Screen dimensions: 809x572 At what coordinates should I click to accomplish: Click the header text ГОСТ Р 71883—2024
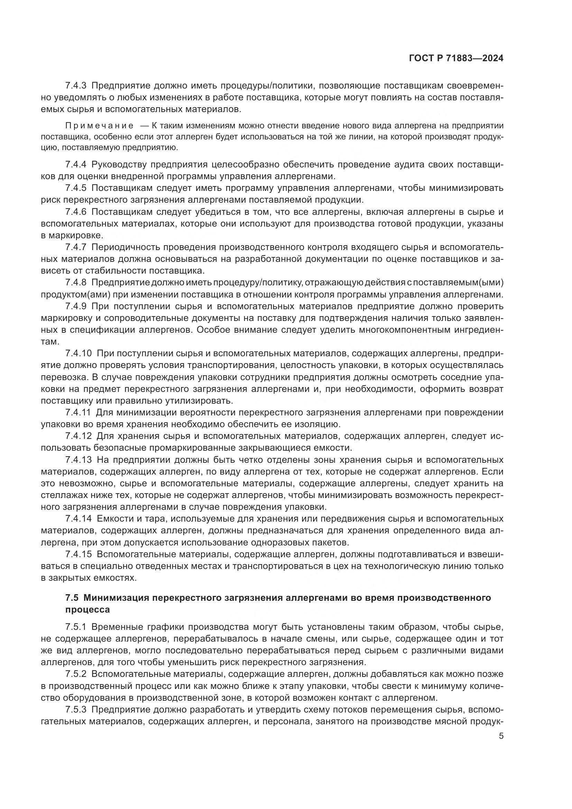pos(456,58)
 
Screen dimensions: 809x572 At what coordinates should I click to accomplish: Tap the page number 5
pos(501,736)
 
